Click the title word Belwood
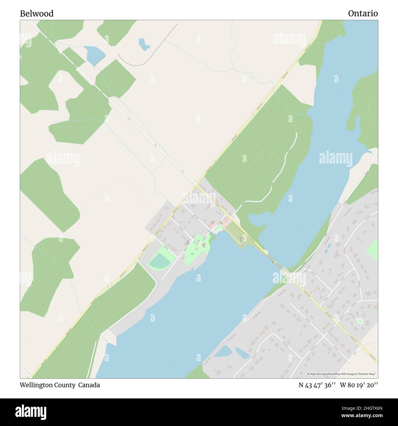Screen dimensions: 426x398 [x=37, y=14]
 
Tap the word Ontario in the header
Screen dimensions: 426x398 [x=363, y=13]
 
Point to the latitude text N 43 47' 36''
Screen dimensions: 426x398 [x=317, y=385]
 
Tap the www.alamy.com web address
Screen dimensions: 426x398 [x=362, y=416]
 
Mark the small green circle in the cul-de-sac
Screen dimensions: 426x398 [x=360, y=321]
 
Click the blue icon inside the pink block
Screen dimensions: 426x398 [x=212, y=222]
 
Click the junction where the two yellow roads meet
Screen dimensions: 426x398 [x=196, y=185]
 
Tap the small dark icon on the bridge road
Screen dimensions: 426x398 [x=272, y=262]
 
